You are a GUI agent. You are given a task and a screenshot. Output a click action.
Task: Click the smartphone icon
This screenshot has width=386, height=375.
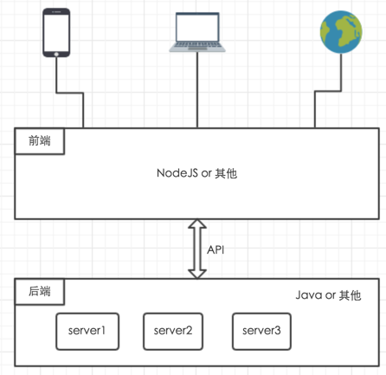coord(56,33)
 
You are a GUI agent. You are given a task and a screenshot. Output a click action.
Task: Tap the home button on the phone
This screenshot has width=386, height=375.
coord(56,54)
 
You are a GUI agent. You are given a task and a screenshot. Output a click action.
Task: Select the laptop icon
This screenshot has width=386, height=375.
coord(197,32)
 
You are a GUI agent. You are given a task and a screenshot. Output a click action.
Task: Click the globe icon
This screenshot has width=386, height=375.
coord(341,32)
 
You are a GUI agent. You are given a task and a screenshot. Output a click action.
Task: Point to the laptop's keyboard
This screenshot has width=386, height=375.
coord(197,45)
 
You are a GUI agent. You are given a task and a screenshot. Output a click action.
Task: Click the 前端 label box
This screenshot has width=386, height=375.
coord(40,141)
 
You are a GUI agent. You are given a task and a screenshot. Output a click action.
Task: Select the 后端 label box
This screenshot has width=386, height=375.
coord(40,292)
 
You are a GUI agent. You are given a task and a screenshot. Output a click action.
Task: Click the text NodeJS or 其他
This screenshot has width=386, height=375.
coord(197,173)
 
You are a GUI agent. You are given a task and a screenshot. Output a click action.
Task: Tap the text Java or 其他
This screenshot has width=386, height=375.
coord(328,295)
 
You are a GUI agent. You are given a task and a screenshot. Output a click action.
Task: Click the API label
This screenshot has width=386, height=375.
coord(216,249)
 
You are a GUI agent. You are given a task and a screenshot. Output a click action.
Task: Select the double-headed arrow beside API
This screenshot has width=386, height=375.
coord(197,249)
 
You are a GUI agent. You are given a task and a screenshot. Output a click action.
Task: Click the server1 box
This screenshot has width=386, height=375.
coord(87,332)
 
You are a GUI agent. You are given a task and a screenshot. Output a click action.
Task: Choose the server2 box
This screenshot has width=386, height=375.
coord(173,332)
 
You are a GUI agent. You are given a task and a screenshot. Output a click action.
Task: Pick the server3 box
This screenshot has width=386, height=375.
coord(261,332)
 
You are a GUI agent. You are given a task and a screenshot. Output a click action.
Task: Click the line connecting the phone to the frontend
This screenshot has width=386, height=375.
coord(70,93)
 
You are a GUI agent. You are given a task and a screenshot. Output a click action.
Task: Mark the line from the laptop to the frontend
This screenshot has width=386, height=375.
coord(197,90)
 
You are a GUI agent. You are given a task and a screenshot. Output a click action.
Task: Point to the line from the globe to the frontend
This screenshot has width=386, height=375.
coord(328,91)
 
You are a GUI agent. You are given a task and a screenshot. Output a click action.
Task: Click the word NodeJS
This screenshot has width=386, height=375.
coord(177,173)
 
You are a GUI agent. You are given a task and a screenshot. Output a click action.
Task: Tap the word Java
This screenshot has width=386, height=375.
coord(309,295)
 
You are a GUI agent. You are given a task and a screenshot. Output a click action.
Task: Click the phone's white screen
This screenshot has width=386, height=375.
coord(56,33)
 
